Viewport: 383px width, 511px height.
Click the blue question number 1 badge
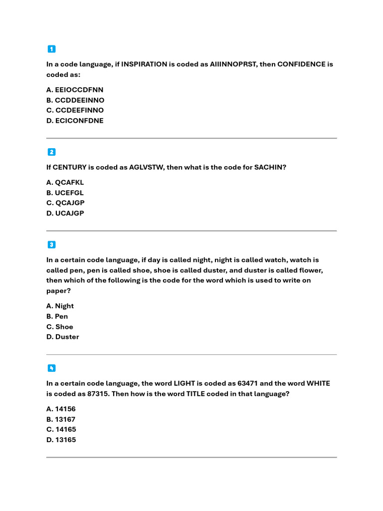(x=51, y=49)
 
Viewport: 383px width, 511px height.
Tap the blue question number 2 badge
(x=51, y=152)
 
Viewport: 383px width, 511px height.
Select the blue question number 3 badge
(x=51, y=245)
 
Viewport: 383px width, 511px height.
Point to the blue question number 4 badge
(x=51, y=368)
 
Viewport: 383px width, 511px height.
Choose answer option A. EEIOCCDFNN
(x=75, y=90)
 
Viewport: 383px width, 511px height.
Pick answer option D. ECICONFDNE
(x=75, y=120)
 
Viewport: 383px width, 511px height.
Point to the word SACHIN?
(x=271, y=167)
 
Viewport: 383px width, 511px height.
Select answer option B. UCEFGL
(x=65, y=193)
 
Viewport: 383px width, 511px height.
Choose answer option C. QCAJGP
(x=65, y=203)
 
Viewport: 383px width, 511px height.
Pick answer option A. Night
(x=60, y=306)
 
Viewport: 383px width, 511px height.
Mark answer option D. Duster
(x=63, y=337)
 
